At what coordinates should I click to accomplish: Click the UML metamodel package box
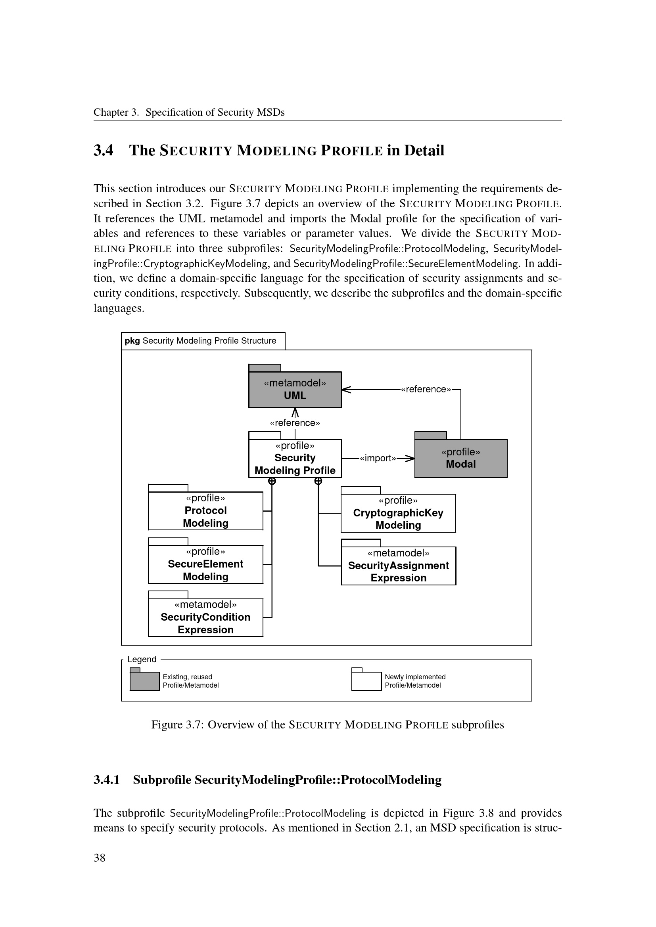coord(295,389)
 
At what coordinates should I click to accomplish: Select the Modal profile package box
coord(460,458)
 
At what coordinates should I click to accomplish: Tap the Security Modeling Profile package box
coord(295,458)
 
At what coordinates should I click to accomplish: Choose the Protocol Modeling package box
coord(205,511)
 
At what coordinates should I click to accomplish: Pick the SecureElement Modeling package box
coord(205,564)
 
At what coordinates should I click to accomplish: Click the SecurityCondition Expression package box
coord(205,617)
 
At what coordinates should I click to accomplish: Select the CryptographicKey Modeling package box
coord(398,513)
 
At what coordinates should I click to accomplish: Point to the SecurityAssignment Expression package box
coord(398,566)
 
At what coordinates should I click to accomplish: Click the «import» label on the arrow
coord(378,458)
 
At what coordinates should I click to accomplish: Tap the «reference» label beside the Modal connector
coord(426,389)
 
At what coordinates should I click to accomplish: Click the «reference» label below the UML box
coord(295,423)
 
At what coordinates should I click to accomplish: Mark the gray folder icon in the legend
coord(145,681)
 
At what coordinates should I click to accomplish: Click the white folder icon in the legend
coord(366,681)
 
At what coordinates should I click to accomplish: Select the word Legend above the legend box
coord(142,659)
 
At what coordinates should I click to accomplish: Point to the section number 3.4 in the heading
coord(104,150)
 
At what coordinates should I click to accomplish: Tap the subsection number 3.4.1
coord(107,780)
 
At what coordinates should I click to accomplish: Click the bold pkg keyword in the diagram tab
coord(132,341)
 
